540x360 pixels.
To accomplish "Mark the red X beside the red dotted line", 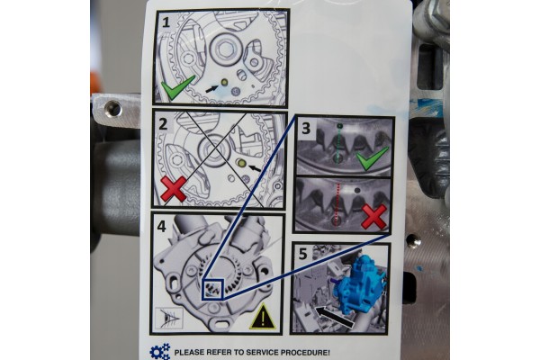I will tap(373, 216).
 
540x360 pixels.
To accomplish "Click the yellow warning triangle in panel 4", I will tap(264, 315).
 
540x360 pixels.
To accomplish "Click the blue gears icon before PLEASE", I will tap(160, 351).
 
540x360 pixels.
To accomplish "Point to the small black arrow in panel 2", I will tap(256, 167).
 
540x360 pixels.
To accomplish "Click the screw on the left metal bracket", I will tap(112, 109).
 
